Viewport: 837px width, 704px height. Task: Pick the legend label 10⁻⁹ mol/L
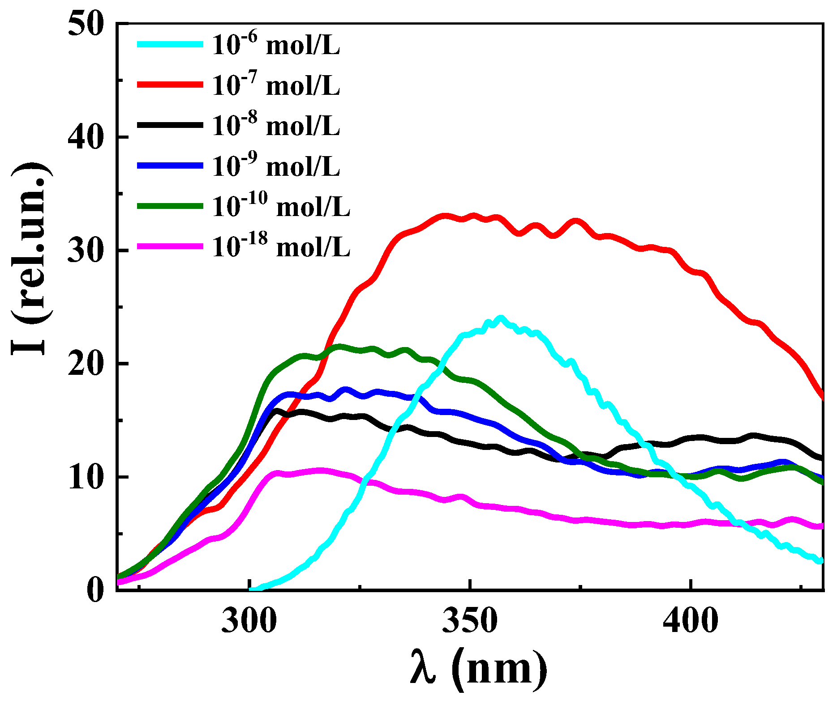pyautogui.click(x=276, y=166)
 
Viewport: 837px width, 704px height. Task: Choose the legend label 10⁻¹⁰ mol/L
pyautogui.click(x=281, y=206)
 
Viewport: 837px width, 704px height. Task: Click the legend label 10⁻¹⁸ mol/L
pyautogui.click(x=281, y=246)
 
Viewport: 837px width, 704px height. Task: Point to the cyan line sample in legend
pyautogui.click(x=170, y=44)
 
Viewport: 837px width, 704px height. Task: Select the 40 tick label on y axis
pyautogui.click(x=86, y=137)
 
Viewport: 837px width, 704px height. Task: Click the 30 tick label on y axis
pyautogui.click(x=86, y=250)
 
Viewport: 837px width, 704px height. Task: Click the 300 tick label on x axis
pyautogui.click(x=249, y=621)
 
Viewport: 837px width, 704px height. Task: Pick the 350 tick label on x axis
pyautogui.click(x=470, y=621)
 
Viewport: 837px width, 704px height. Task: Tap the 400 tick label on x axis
pyautogui.click(x=691, y=621)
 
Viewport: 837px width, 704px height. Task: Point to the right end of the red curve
pyautogui.click(x=822, y=397)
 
